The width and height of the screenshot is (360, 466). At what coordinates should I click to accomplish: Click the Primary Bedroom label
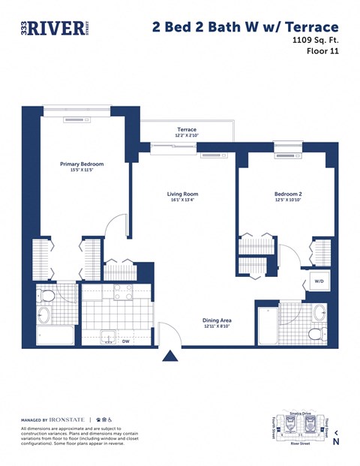click(x=82, y=164)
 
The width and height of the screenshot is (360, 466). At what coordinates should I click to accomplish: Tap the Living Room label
click(x=182, y=194)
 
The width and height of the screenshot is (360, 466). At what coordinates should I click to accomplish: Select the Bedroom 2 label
click(x=287, y=194)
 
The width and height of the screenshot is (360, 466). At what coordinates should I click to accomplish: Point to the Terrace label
click(x=187, y=130)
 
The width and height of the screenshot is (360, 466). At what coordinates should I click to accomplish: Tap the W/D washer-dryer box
click(x=318, y=281)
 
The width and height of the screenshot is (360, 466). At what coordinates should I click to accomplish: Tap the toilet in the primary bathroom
click(x=46, y=295)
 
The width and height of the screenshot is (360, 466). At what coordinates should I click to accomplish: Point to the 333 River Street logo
click(x=53, y=28)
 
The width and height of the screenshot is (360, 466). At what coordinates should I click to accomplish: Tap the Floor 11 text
click(x=324, y=52)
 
